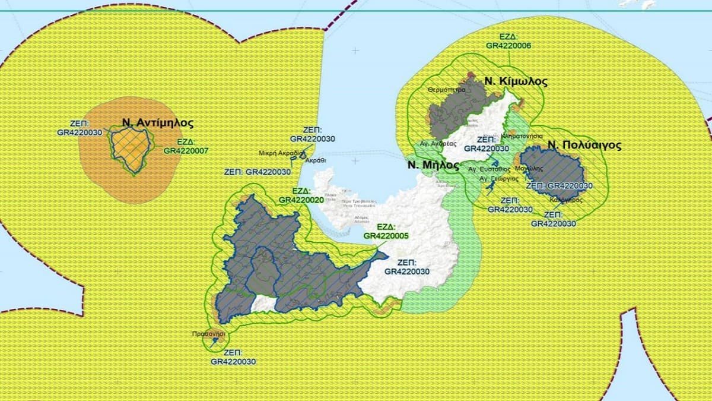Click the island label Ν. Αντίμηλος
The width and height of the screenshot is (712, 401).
coord(158,123)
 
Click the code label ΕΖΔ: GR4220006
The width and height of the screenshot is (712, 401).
coord(508,40)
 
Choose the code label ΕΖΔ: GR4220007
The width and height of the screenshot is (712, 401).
coord(186,147)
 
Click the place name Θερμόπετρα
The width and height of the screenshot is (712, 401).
coord(446,90)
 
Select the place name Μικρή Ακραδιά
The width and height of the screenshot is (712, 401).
coord(281,153)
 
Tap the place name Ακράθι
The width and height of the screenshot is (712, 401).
coord(314,160)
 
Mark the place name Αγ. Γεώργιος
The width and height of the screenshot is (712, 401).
coord(487,178)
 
